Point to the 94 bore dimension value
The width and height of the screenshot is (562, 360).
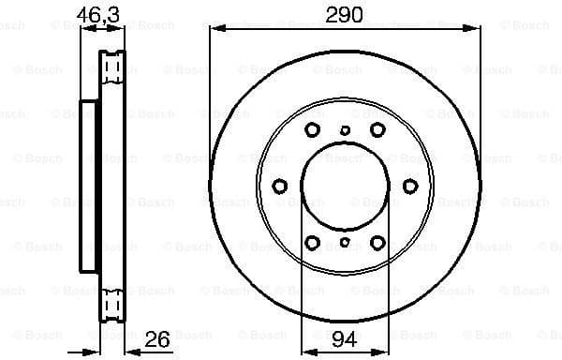[346, 337]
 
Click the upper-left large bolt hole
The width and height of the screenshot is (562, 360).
[314, 129]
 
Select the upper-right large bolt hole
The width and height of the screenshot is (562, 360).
[377, 129]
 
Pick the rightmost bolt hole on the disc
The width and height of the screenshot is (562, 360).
[411, 187]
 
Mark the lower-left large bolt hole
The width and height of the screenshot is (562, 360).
[314, 244]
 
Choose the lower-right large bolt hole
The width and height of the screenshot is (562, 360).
[377, 244]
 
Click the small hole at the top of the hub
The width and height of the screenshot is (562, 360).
[346, 130]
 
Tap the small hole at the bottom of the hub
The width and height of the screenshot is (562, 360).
[346, 243]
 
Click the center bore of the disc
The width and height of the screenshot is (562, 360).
[346, 187]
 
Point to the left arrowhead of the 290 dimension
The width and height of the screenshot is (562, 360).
[214, 29]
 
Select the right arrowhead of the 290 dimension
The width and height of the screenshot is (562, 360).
[477, 29]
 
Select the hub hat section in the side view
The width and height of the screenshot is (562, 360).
[90, 187]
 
